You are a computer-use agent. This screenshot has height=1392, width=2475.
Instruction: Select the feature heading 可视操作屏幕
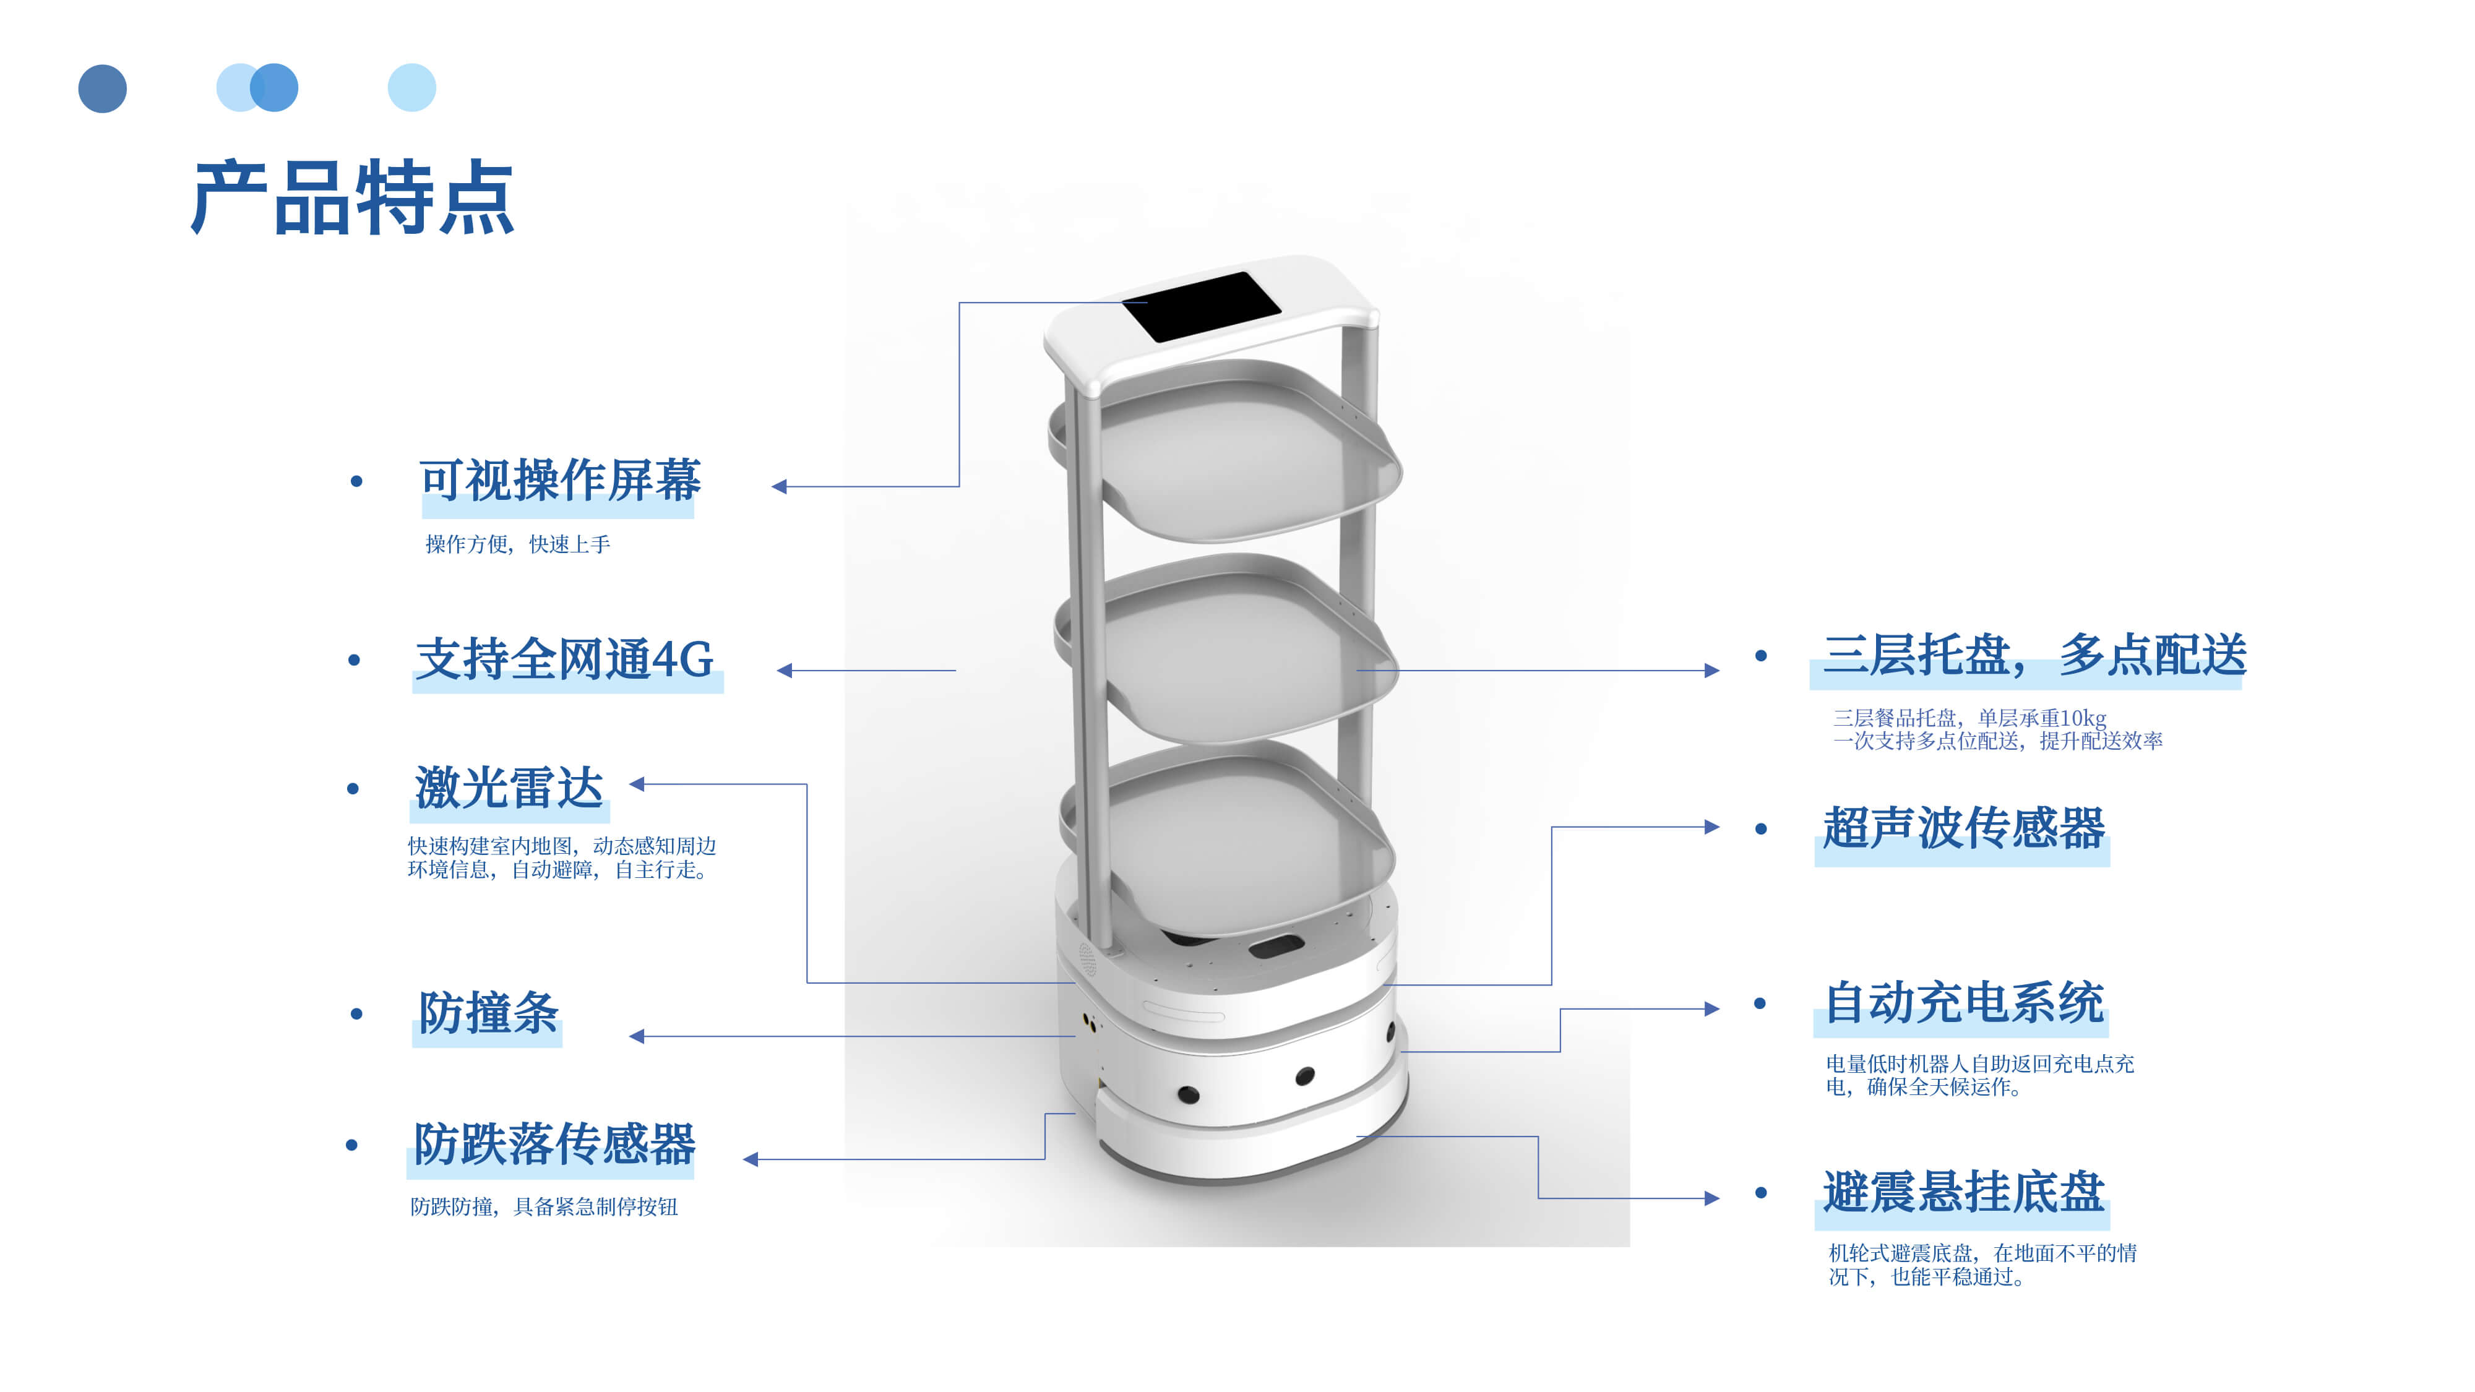point(559,480)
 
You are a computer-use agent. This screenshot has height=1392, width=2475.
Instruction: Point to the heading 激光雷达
point(509,788)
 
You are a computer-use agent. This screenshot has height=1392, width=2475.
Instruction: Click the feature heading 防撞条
point(488,1013)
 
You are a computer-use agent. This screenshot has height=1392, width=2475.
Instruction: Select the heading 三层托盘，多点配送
point(2034,656)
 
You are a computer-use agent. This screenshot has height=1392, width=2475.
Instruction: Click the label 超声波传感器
point(1963,828)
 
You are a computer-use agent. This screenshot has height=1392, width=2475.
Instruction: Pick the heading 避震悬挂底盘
point(1963,1192)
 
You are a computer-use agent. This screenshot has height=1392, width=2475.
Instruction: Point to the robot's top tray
point(1239,452)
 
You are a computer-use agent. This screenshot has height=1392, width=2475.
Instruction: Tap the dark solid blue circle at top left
point(103,88)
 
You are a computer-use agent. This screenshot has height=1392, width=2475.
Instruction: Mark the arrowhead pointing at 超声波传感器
point(1711,827)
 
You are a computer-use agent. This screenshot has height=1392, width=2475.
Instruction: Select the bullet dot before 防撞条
point(356,1013)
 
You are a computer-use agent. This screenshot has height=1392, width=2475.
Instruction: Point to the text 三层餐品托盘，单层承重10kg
point(1969,718)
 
